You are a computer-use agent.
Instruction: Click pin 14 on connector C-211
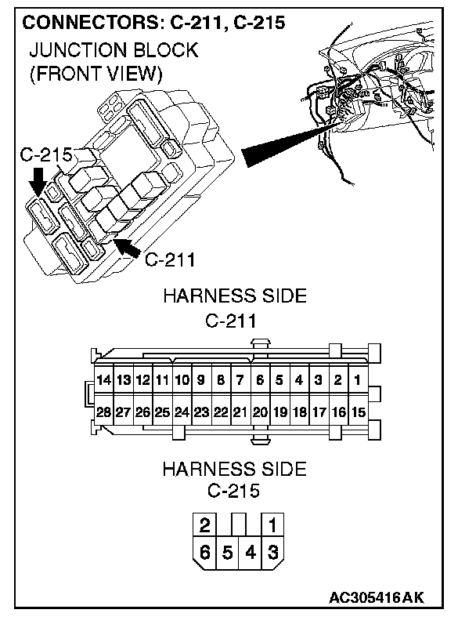coord(104,381)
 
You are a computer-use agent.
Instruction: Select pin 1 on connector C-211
coord(357,381)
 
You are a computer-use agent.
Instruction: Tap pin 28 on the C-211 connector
coord(104,411)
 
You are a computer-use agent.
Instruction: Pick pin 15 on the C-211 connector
coord(357,411)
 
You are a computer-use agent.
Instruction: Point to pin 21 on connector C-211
coord(240,411)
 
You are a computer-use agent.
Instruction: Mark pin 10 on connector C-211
coord(182,381)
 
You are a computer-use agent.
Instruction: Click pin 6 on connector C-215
coord(205,552)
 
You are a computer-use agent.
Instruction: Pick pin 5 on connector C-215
coord(228,552)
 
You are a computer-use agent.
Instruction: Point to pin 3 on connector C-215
coord(272,552)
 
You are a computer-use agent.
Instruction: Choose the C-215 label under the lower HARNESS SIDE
coord(234,492)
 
